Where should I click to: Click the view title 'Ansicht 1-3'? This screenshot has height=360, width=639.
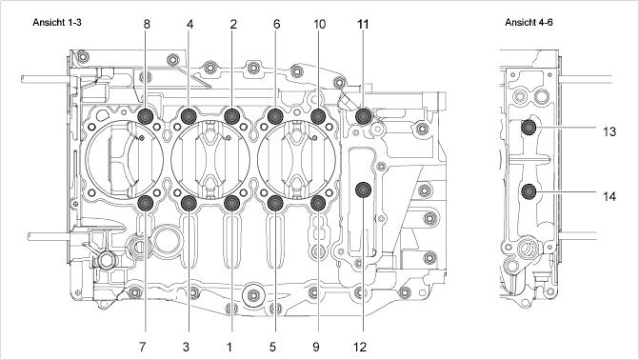(57, 23)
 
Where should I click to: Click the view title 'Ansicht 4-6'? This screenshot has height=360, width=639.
(529, 23)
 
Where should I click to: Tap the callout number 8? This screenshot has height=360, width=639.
(147, 25)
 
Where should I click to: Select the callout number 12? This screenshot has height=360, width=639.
(360, 347)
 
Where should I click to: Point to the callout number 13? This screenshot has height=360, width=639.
(609, 131)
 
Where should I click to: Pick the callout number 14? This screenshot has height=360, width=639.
(609, 196)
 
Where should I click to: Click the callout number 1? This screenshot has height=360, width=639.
(230, 347)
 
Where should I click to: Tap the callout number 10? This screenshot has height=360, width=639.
(320, 25)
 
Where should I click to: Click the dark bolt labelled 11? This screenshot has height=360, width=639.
(363, 116)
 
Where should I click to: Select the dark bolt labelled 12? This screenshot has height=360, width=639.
(363, 190)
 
